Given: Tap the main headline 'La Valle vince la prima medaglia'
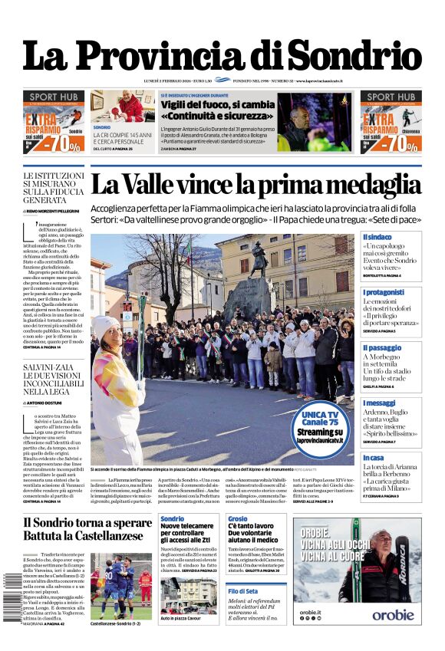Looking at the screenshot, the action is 255,185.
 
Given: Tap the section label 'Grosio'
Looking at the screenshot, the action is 238,519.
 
